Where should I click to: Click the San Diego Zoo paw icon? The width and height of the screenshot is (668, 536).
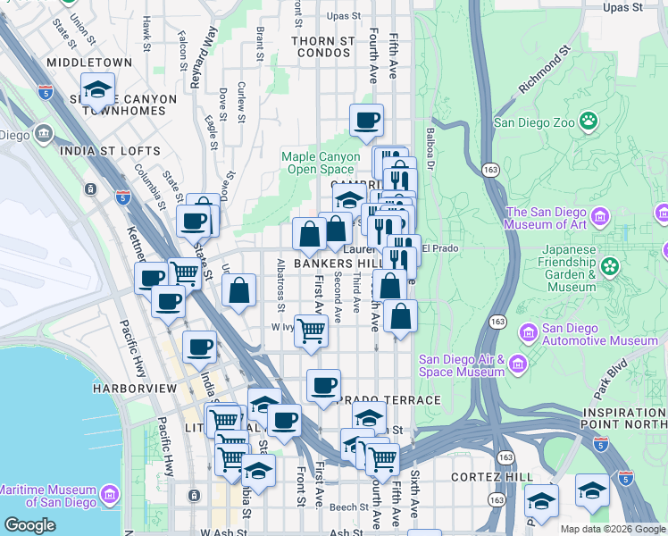tap(589, 121)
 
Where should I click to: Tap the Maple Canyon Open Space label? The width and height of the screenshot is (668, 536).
tap(318, 163)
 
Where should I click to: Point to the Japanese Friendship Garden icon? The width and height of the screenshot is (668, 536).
tap(611, 265)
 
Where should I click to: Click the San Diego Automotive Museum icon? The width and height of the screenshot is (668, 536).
tap(528, 332)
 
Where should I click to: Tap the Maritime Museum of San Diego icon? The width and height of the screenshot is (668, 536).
tap(109, 494)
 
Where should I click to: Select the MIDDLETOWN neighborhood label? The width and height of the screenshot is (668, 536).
tap(89, 63)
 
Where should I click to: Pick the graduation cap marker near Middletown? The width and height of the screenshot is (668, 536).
tap(97, 89)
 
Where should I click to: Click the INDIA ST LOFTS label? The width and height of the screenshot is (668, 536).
tap(110, 151)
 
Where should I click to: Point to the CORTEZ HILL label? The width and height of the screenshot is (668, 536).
tap(492, 477)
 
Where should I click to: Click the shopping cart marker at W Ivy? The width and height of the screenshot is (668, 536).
tap(311, 330)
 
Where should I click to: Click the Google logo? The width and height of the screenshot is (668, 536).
tap(29, 525)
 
